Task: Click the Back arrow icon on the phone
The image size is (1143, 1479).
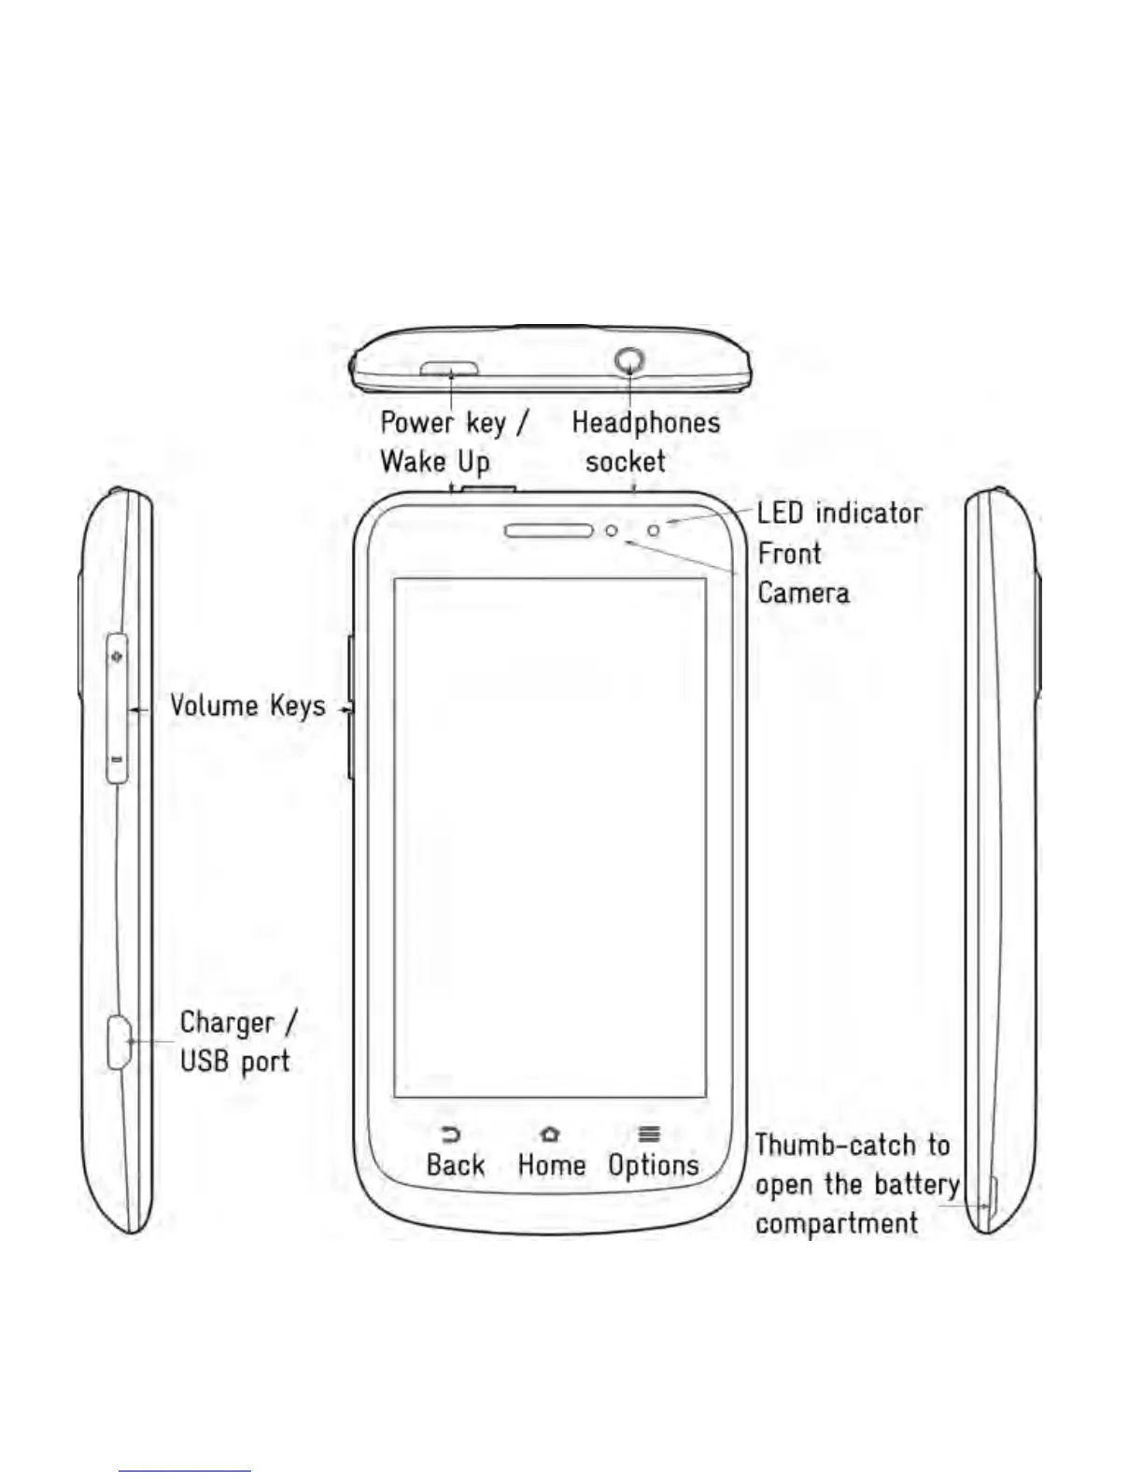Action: pyautogui.click(x=451, y=1134)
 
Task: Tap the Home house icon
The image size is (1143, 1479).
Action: pyautogui.click(x=550, y=1134)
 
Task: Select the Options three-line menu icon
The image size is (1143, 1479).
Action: pyautogui.click(x=649, y=1134)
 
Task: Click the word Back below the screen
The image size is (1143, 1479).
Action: pyautogui.click(x=456, y=1165)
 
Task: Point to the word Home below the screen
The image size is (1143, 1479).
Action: pyautogui.click(x=551, y=1165)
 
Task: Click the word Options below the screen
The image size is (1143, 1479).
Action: pyautogui.click(x=654, y=1165)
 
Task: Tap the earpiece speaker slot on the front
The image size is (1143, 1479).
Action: pyautogui.click(x=549, y=531)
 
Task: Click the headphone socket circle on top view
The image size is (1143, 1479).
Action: pyautogui.click(x=631, y=359)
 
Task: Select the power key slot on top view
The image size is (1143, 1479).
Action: pyautogui.click(x=449, y=370)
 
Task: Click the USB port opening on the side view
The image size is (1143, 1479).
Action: pyautogui.click(x=119, y=1042)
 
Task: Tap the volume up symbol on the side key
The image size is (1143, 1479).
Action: pyautogui.click(x=117, y=657)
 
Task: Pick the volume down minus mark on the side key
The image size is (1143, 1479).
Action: pyautogui.click(x=117, y=759)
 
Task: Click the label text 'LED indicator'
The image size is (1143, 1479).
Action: pyautogui.click(x=840, y=513)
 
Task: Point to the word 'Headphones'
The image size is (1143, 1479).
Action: pyautogui.click(x=646, y=423)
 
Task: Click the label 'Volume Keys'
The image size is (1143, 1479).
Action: pyautogui.click(x=247, y=706)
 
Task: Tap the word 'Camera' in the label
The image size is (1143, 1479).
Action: pyautogui.click(x=803, y=593)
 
